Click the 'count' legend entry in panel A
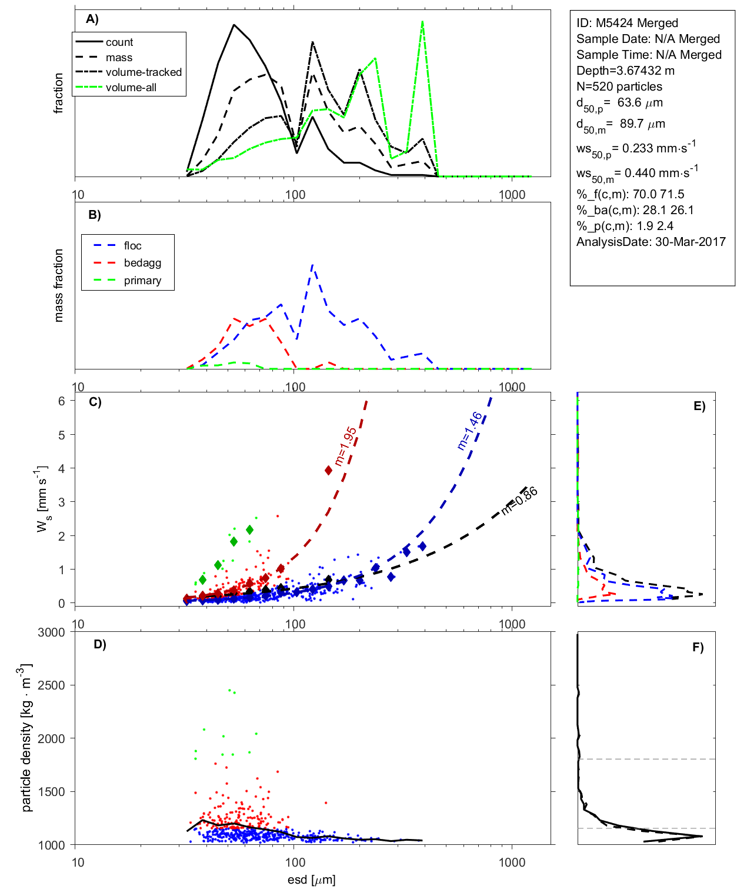tap(119, 42)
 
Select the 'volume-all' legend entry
tap(131, 88)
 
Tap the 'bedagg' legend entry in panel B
tap(142, 263)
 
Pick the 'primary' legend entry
tap(142, 281)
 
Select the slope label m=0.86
tap(519, 501)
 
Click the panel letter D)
tap(100, 644)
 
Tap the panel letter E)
tap(699, 406)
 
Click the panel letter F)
tap(698, 647)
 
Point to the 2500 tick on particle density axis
tap(51, 685)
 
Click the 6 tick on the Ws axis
tap(62, 401)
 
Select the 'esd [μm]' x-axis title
tap(311, 880)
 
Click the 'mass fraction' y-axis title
tap(58, 285)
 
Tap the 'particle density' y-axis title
tap(26, 738)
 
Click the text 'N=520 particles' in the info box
tap(619, 86)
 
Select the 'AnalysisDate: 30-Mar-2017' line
tap(651, 242)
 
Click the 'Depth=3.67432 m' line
tap(625, 71)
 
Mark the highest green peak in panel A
tap(422, 22)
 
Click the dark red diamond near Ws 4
tap(329, 470)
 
